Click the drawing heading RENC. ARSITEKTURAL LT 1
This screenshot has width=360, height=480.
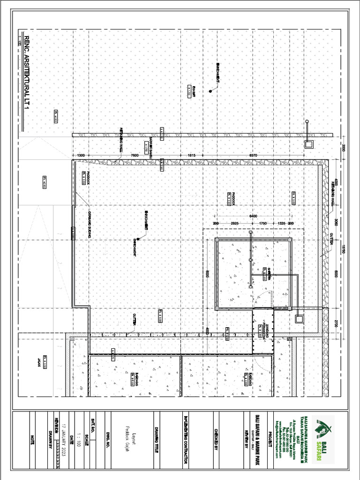26,73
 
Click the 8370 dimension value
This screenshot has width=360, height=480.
254,155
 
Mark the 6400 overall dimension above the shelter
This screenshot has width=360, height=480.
253,215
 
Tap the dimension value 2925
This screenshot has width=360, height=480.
236,224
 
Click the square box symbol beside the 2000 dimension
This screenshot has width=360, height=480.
308,144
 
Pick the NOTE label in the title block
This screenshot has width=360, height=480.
32,439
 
